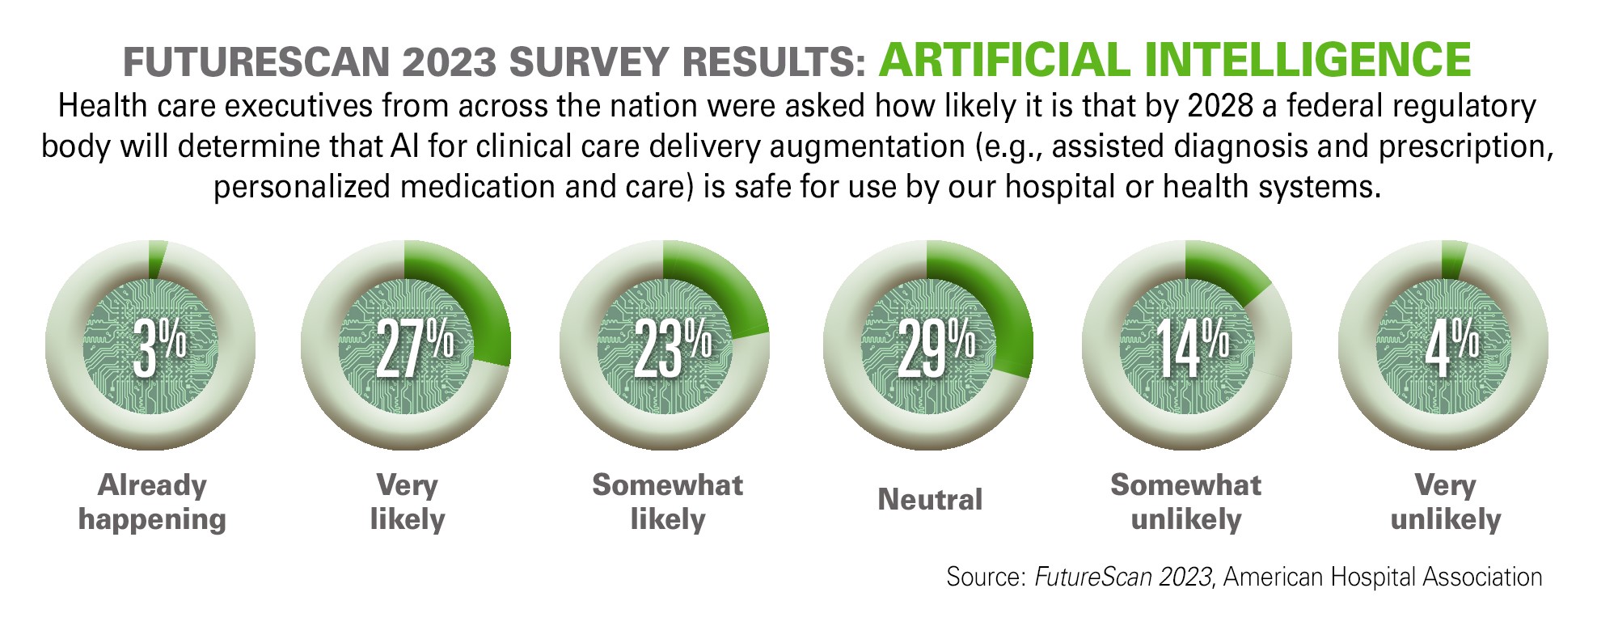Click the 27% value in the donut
point(413,348)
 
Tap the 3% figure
point(159,348)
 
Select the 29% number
point(935,348)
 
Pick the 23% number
point(671,348)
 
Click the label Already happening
point(152,501)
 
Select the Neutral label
point(930,499)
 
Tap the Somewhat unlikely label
point(1185,501)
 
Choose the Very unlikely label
point(1445,501)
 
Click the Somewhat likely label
point(667,501)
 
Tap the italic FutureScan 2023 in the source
point(1123,577)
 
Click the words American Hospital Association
point(1383,577)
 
